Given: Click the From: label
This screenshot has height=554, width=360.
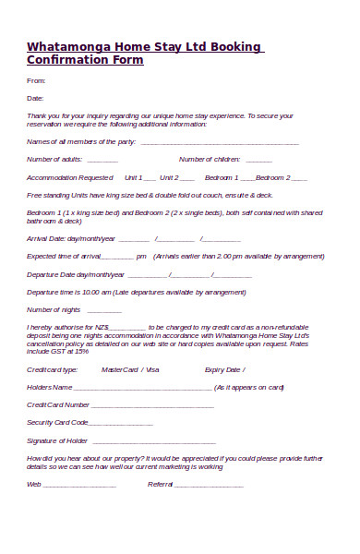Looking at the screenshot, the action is pos(34,81).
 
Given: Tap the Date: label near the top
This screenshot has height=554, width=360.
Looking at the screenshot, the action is pos(35,98).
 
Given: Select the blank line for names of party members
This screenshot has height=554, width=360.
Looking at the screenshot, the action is pos(219,143).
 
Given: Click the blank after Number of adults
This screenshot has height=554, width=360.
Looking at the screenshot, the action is pos(102,160).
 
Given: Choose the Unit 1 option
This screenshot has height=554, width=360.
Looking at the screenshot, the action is pos(134,177).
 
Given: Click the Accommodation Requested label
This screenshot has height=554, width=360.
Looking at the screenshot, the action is pos(69,177).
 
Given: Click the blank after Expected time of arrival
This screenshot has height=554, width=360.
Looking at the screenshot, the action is pos(117,257).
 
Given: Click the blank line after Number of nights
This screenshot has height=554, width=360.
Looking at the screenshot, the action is pos(99,310).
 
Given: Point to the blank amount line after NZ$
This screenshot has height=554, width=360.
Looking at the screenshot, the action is pos(127,327).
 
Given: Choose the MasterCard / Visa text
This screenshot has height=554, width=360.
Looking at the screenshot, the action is pos(130,369).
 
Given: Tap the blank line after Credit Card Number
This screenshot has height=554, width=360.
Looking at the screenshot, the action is pos(152,405).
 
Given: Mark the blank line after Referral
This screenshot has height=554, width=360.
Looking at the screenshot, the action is pos(209,485).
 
